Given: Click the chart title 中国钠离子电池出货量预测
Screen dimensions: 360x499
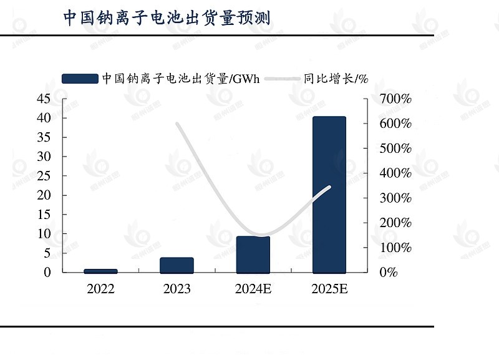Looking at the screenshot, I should (167, 17).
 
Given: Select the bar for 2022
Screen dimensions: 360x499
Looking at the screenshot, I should (100, 271).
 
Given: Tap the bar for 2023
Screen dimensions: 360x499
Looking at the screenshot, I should (177, 265).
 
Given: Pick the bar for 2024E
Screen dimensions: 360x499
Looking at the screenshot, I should (253, 255).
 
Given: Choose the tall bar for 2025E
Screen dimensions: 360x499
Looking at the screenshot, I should (329, 195).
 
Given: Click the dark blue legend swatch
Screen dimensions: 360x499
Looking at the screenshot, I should (80, 79).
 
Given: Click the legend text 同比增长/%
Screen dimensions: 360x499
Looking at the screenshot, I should (336, 79).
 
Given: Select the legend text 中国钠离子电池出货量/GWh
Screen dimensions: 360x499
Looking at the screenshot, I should (180, 79).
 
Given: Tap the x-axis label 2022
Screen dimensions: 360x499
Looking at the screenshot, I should (100, 289).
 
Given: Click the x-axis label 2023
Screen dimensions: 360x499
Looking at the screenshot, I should (177, 289).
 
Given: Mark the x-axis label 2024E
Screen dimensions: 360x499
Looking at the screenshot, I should (253, 289).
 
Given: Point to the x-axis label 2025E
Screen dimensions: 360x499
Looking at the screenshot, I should (329, 289).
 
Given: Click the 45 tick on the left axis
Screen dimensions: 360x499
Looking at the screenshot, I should (43, 99).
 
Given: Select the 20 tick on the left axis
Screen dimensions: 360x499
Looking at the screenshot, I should (43, 195).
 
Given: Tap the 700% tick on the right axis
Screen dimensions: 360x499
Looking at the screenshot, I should (396, 99).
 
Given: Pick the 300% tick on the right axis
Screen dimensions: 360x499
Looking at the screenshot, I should (396, 198).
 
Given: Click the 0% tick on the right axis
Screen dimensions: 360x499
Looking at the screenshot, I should (388, 272).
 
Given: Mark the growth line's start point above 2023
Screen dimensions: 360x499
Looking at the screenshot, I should (177, 124).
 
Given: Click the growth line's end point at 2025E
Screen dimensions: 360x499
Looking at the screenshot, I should (329, 187).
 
